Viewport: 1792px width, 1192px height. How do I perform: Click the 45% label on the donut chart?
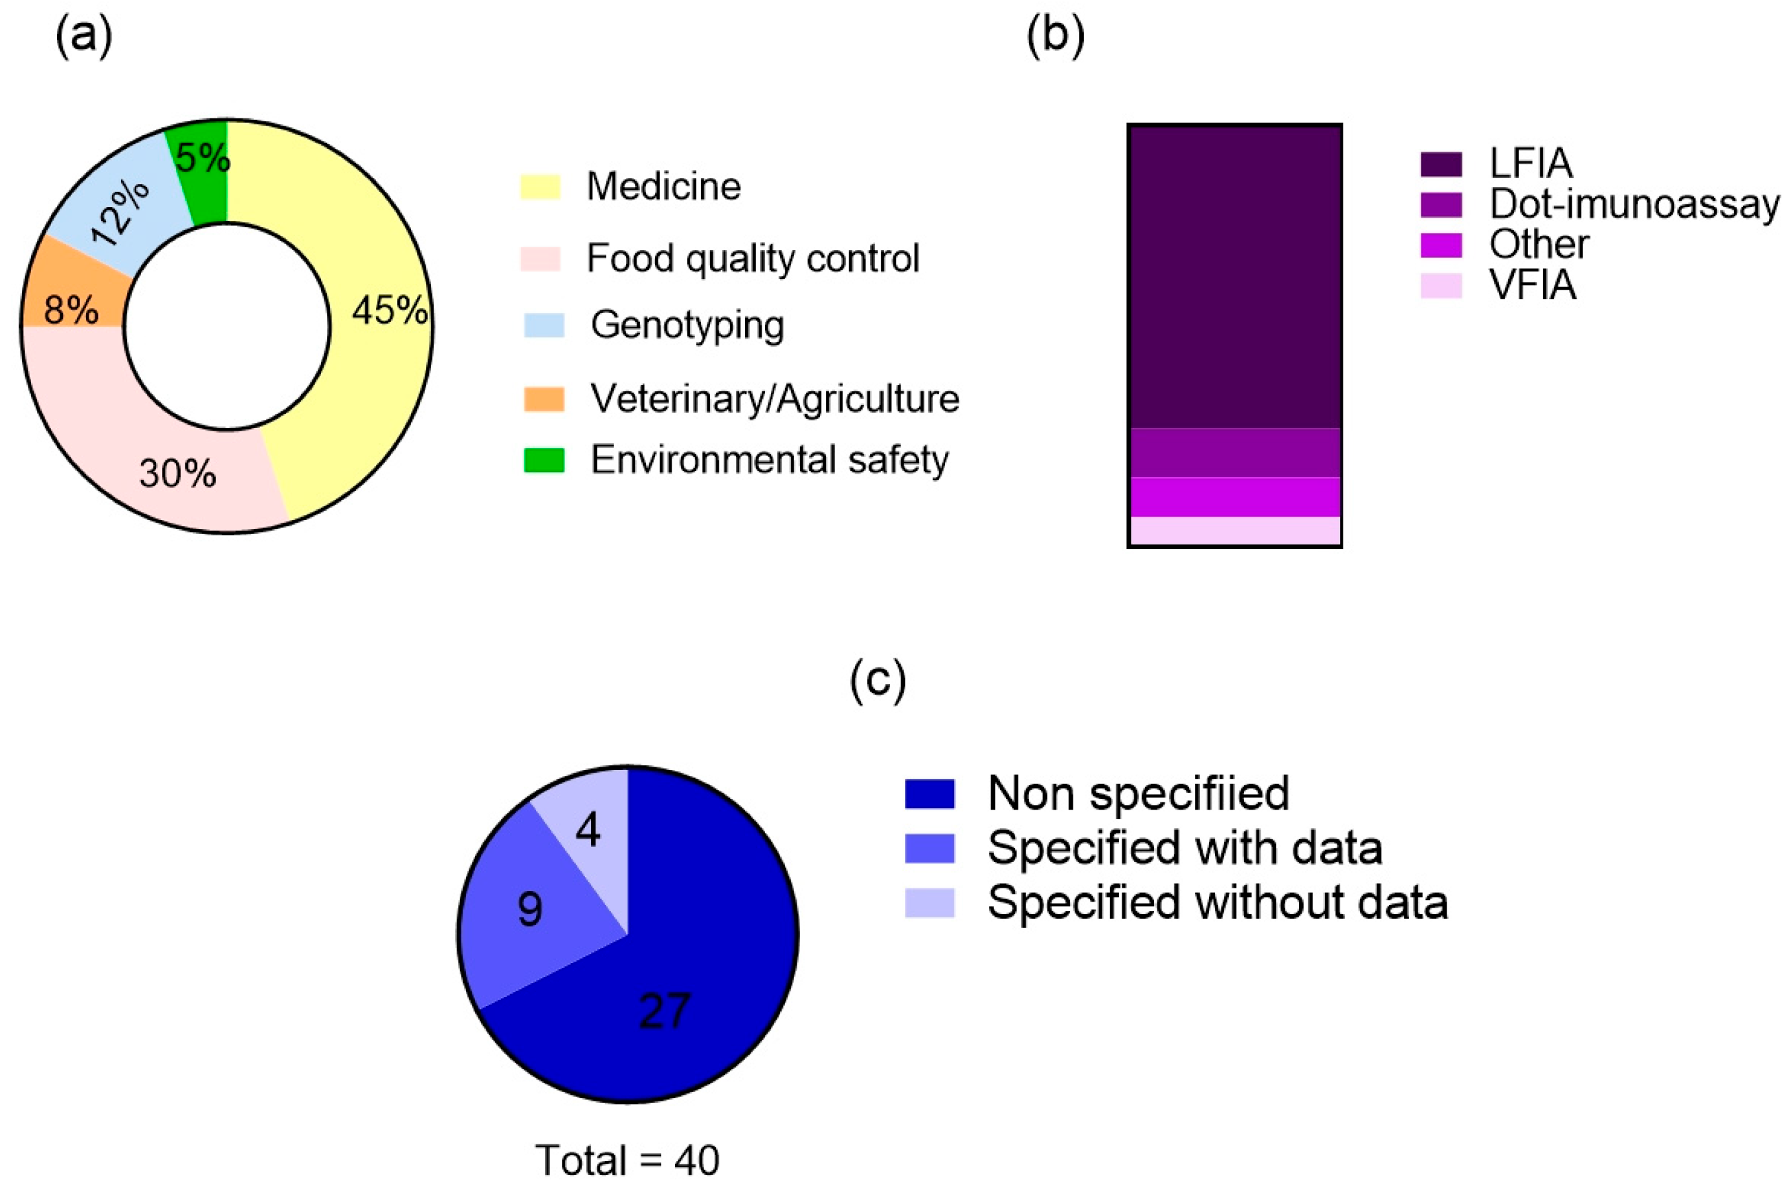pos(389,311)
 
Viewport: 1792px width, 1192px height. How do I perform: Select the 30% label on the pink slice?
pos(177,473)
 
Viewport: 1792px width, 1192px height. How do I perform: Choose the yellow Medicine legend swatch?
pos(540,187)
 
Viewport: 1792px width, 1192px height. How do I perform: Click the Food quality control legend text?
pos(752,259)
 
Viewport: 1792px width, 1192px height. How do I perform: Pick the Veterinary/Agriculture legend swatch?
pos(543,399)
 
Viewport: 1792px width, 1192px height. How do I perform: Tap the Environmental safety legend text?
pos(770,460)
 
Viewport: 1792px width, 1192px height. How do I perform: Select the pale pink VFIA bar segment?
pos(1234,530)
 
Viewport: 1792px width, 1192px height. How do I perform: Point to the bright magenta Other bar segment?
pos(1234,496)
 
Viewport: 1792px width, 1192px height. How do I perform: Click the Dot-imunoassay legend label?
pos(1634,204)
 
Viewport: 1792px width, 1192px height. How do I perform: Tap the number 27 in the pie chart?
pos(664,1011)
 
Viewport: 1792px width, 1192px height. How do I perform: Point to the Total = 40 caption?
pos(627,1160)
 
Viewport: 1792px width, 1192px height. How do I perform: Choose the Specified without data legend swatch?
pos(929,903)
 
